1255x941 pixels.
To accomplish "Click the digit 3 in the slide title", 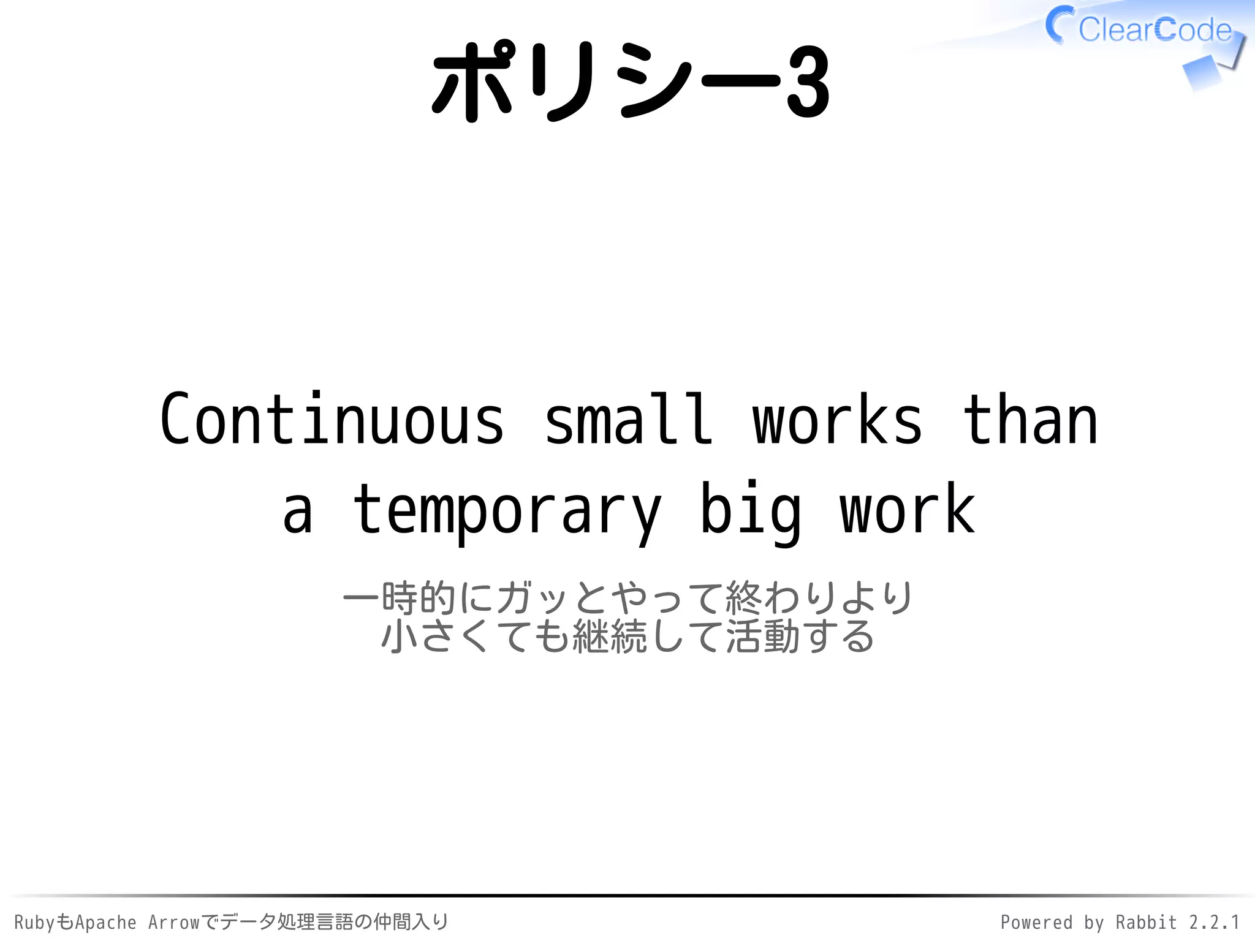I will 808,82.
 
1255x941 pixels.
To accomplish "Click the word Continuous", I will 332,420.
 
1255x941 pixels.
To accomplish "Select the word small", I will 629,420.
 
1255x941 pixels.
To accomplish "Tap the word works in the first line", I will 837,420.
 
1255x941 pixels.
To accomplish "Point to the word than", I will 1029,420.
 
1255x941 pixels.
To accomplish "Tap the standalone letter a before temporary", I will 298,512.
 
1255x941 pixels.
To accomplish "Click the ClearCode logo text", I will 1155,29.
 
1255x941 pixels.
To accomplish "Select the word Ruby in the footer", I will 34,923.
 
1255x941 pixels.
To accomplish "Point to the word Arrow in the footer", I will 174,923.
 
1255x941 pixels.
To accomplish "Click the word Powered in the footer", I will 1036,923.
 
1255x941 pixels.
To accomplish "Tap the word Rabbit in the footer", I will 1146,923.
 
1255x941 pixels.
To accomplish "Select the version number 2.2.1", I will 1214,923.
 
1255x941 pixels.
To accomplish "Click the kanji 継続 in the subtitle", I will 609,636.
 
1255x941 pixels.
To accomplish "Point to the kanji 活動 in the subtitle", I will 763,636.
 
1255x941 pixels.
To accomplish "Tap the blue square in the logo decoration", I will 1201,74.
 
